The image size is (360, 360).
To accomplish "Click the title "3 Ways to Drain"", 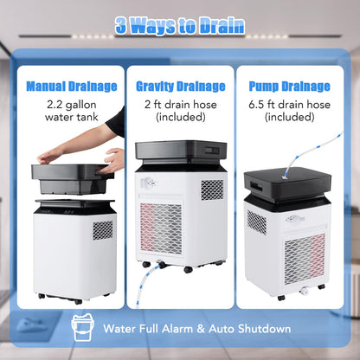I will click(x=180, y=25).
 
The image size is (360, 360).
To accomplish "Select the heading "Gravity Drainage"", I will click(x=180, y=87).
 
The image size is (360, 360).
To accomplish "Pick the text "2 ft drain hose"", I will click(x=180, y=104).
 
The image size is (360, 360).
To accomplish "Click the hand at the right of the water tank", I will click(x=113, y=160).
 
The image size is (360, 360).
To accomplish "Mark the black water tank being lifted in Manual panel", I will click(x=73, y=177).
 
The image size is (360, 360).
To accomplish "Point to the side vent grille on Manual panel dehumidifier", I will click(x=102, y=229).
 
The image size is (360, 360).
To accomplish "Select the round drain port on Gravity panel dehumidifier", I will click(x=149, y=185).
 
